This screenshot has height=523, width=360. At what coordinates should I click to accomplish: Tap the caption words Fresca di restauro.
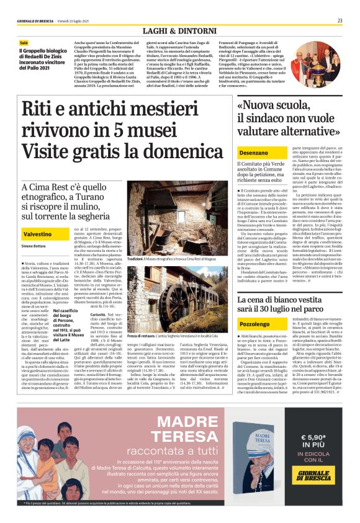(x=143, y=336)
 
